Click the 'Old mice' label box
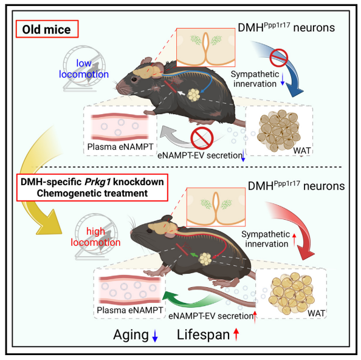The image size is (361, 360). coord(47,29)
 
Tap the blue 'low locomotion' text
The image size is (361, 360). coord(84,69)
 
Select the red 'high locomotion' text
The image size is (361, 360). coord(95,237)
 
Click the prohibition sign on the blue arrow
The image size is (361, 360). coord(279,58)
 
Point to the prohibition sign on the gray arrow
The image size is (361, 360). coord(202,138)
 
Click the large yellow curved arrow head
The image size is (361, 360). coord(49,223)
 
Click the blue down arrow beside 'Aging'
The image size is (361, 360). coord(155,335)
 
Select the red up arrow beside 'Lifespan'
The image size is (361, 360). coord(236,335)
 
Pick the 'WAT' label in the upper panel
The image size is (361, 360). coord(302,151)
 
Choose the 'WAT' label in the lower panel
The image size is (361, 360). coord(317,313)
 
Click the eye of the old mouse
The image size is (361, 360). coord(134,80)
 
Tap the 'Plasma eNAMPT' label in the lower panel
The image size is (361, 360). coord(130,310)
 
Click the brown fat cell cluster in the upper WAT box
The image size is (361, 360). coord(279,131)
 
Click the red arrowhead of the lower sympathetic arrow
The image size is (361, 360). coord(306,253)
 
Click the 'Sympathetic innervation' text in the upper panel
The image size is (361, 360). coord(255,79)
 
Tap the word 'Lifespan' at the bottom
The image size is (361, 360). coord(204,335)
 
